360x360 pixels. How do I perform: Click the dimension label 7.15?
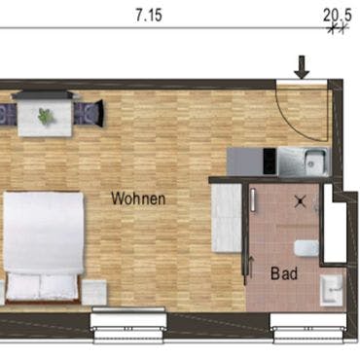point(149,16)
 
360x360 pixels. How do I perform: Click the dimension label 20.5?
point(338,16)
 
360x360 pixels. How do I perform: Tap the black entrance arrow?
point(303,67)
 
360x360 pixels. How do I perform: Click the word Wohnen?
point(138,198)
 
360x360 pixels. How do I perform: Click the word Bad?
point(284,273)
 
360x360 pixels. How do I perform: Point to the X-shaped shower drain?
point(300,201)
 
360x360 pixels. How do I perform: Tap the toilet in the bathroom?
point(306,248)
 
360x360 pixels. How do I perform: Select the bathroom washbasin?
point(331,291)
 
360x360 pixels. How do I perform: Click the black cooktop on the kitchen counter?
point(270,162)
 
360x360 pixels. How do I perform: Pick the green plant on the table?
point(46,117)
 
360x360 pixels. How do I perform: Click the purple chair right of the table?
point(89,113)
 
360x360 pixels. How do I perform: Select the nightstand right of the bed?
point(93,293)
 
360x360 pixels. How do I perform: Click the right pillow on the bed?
point(59,286)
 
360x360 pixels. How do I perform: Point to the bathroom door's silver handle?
point(253,201)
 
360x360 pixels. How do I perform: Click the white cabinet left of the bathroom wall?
point(227,218)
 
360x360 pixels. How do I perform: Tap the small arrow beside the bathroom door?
point(251,267)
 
